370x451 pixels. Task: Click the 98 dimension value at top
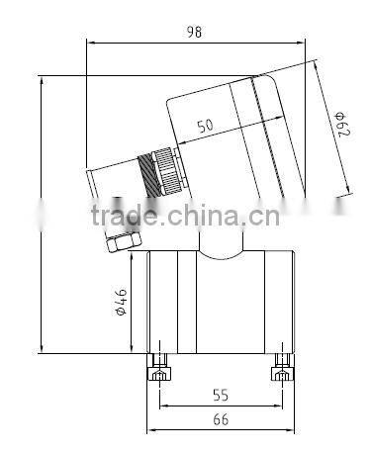[194, 32]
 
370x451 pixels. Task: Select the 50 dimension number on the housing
[206, 127]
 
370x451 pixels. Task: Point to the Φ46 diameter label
[119, 301]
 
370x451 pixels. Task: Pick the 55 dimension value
[222, 395]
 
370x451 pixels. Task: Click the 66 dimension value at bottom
[222, 420]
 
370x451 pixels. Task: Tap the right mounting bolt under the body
[282, 374]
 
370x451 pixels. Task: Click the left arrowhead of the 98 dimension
[91, 42]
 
